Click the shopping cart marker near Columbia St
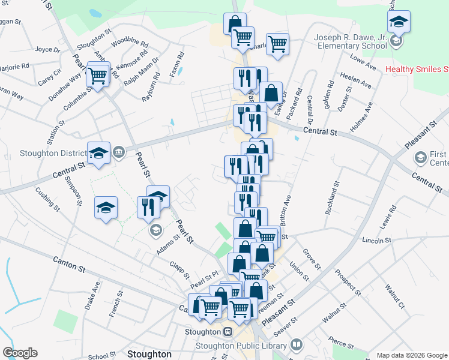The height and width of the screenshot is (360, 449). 97,75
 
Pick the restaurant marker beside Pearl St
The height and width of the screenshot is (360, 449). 147,208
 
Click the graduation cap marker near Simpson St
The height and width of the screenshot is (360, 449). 106,208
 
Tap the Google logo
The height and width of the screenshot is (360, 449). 20,353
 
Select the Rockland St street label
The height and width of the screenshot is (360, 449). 332,199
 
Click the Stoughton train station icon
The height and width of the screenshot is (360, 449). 228,332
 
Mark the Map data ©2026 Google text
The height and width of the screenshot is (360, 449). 411,355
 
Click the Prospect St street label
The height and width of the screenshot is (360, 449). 348,283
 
